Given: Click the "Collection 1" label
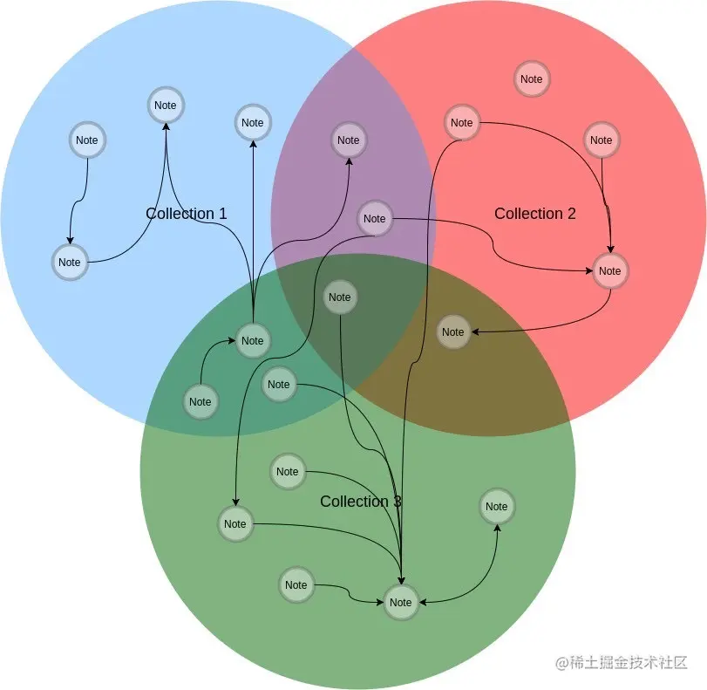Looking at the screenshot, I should tap(186, 214).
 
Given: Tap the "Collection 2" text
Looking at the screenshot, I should tap(534, 214).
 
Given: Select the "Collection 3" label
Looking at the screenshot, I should tap(360, 502).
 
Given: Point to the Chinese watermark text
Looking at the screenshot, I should tap(622, 663).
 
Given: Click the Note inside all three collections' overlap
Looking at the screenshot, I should tap(339, 297).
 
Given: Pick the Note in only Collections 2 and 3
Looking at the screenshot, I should tap(452, 332).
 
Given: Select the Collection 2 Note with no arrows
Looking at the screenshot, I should tap(531, 79).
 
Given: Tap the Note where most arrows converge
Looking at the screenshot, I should tap(400, 603).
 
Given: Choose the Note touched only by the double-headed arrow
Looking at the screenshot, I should tap(496, 507).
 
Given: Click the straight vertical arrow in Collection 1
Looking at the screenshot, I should tap(253, 227).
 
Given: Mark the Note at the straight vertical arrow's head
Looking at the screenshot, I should tap(252, 123).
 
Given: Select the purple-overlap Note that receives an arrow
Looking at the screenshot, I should tap(348, 140).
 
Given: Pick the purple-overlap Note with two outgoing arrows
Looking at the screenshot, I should tap(374, 219).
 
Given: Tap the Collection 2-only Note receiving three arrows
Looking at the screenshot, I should tap(609, 271).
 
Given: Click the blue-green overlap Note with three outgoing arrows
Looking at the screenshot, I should tap(252, 341).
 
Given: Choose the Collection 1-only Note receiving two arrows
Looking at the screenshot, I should tap(165, 106).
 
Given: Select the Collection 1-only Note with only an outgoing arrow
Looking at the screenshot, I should tap(86, 140).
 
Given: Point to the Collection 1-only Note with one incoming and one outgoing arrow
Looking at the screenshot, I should tap(69, 263).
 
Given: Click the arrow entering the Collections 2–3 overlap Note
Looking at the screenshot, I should tap(558, 325).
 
